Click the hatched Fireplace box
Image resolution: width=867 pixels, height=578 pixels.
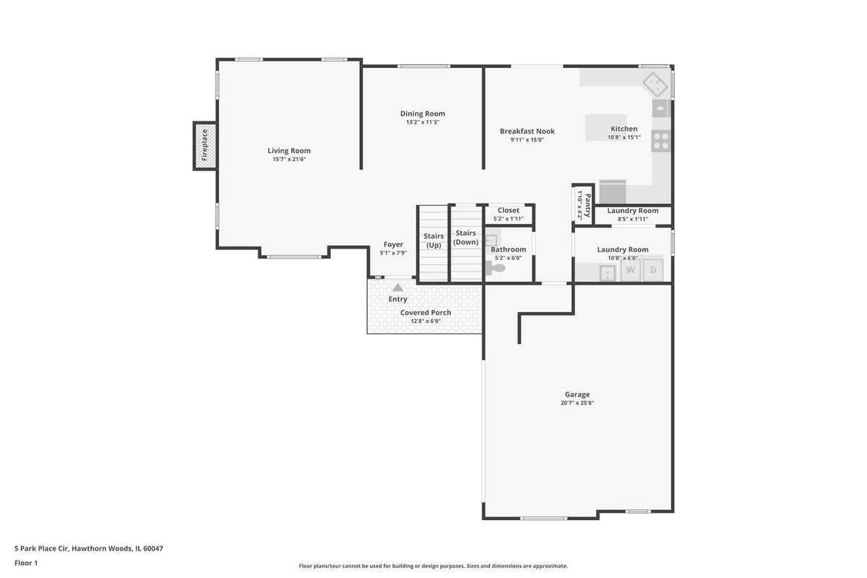pyautogui.click(x=204, y=146)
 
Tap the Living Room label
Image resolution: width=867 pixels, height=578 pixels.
pyautogui.click(x=289, y=150)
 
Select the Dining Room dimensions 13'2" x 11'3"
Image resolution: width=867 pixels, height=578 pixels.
pyautogui.click(x=423, y=122)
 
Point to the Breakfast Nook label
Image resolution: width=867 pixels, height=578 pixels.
pyautogui.click(x=527, y=131)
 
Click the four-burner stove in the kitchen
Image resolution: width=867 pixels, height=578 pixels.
pyautogui.click(x=660, y=141)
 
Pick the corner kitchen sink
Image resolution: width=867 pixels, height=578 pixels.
pyautogui.click(x=655, y=85)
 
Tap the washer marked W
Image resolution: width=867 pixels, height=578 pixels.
pyautogui.click(x=631, y=269)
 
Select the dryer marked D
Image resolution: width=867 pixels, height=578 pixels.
pyautogui.click(x=653, y=269)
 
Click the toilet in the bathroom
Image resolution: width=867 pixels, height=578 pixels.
pyautogui.click(x=496, y=268)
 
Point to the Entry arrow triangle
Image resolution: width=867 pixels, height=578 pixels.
pyautogui.click(x=398, y=288)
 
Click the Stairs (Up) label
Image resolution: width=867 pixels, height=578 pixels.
pyautogui.click(x=433, y=241)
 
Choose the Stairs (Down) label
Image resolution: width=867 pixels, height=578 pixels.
pyautogui.click(x=465, y=237)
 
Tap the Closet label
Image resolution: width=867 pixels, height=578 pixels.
pyautogui.click(x=509, y=210)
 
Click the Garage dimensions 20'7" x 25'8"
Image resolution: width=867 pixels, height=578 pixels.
pyautogui.click(x=577, y=402)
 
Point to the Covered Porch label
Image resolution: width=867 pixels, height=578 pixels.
pyautogui.click(x=426, y=312)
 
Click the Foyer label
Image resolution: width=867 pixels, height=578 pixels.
pyautogui.click(x=393, y=244)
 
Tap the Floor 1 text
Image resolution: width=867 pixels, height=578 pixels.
pyautogui.click(x=26, y=563)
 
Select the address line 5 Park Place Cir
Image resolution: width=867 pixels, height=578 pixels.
pyautogui.click(x=89, y=548)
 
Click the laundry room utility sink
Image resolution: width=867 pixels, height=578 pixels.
pyautogui.click(x=608, y=273)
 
